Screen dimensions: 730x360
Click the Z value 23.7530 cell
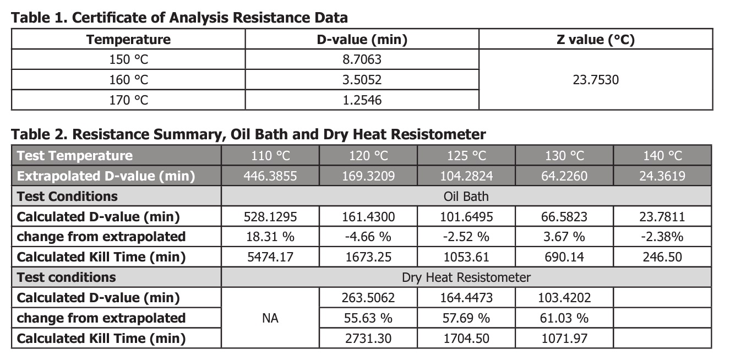pyautogui.click(x=596, y=80)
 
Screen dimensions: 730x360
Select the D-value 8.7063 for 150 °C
pyautogui.click(x=362, y=59)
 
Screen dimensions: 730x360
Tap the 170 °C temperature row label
pyautogui.click(x=128, y=100)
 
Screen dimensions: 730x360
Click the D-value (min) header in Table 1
pyautogui.click(x=362, y=40)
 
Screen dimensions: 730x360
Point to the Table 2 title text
pyautogui.click(x=248, y=134)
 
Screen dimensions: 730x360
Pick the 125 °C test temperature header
pyautogui.click(x=466, y=156)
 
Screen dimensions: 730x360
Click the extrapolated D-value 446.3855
pyautogui.click(x=270, y=176)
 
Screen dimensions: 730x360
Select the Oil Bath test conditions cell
pyautogui.click(x=466, y=197)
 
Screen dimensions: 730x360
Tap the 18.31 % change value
pyautogui.click(x=270, y=237)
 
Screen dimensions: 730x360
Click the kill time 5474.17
pyautogui.click(x=270, y=257)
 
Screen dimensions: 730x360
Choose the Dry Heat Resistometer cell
pyautogui.click(x=466, y=277)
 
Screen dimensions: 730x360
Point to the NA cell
pyautogui.click(x=270, y=318)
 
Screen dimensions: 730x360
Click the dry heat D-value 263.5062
pyautogui.click(x=368, y=298)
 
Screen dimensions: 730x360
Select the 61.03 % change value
pyautogui.click(x=564, y=318)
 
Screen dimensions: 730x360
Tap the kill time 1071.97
pyautogui.click(x=564, y=338)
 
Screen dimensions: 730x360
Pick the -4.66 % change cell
pyautogui.click(x=368, y=237)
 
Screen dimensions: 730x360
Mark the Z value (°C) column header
pyautogui.click(x=596, y=40)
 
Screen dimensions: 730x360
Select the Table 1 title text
pyautogui.click(x=179, y=18)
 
